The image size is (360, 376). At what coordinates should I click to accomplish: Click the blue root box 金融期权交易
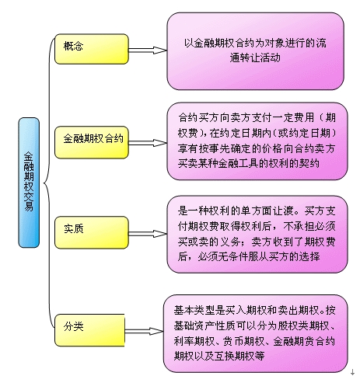tap(29, 182)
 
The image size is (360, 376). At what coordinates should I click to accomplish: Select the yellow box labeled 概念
tap(92, 48)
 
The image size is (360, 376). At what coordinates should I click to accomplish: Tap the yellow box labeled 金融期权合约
tap(92, 141)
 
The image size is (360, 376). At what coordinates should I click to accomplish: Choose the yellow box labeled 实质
tap(92, 231)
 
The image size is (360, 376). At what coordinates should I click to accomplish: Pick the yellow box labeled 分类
tap(92, 327)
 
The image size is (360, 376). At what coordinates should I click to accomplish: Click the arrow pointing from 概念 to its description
tap(148, 49)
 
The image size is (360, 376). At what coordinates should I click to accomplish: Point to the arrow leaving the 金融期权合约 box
tap(148, 141)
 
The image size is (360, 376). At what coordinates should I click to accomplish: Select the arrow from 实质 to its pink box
tap(148, 231)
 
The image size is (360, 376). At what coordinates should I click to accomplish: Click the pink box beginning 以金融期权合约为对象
tap(255, 51)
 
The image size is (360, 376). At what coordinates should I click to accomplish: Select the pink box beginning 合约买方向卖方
tap(255, 141)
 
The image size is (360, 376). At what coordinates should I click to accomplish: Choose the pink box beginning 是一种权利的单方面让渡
tap(255, 233)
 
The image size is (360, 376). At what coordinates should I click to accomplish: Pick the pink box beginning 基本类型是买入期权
tap(255, 332)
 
